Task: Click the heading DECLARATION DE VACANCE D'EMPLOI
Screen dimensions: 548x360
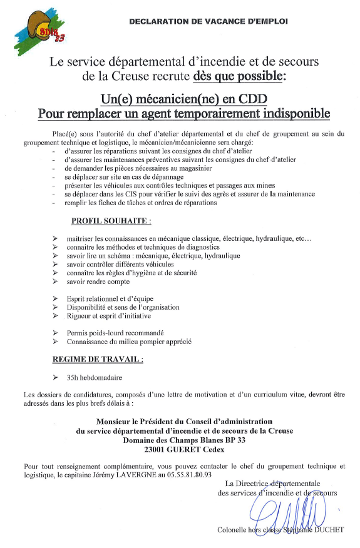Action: (208, 21)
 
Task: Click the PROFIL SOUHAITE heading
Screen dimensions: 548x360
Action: (111, 221)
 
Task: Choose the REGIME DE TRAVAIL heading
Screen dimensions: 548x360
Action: (97, 360)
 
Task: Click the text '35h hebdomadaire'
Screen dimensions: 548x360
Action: (95, 378)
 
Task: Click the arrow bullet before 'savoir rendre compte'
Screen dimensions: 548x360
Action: (56, 282)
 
